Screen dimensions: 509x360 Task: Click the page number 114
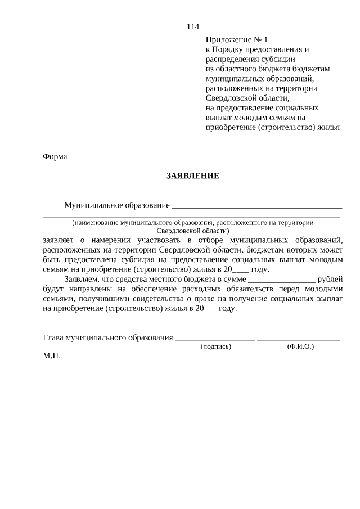click(192, 27)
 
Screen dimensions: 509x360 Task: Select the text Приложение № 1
click(237, 39)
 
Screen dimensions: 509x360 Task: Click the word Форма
click(55, 156)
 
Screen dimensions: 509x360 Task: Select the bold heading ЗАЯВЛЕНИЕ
click(192, 175)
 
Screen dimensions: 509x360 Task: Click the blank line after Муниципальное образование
click(257, 206)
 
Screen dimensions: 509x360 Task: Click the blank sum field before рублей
click(281, 280)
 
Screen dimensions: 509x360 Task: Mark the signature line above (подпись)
click(215, 339)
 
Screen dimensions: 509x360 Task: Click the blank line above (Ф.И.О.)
click(299, 339)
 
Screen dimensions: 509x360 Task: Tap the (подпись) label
click(216, 347)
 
